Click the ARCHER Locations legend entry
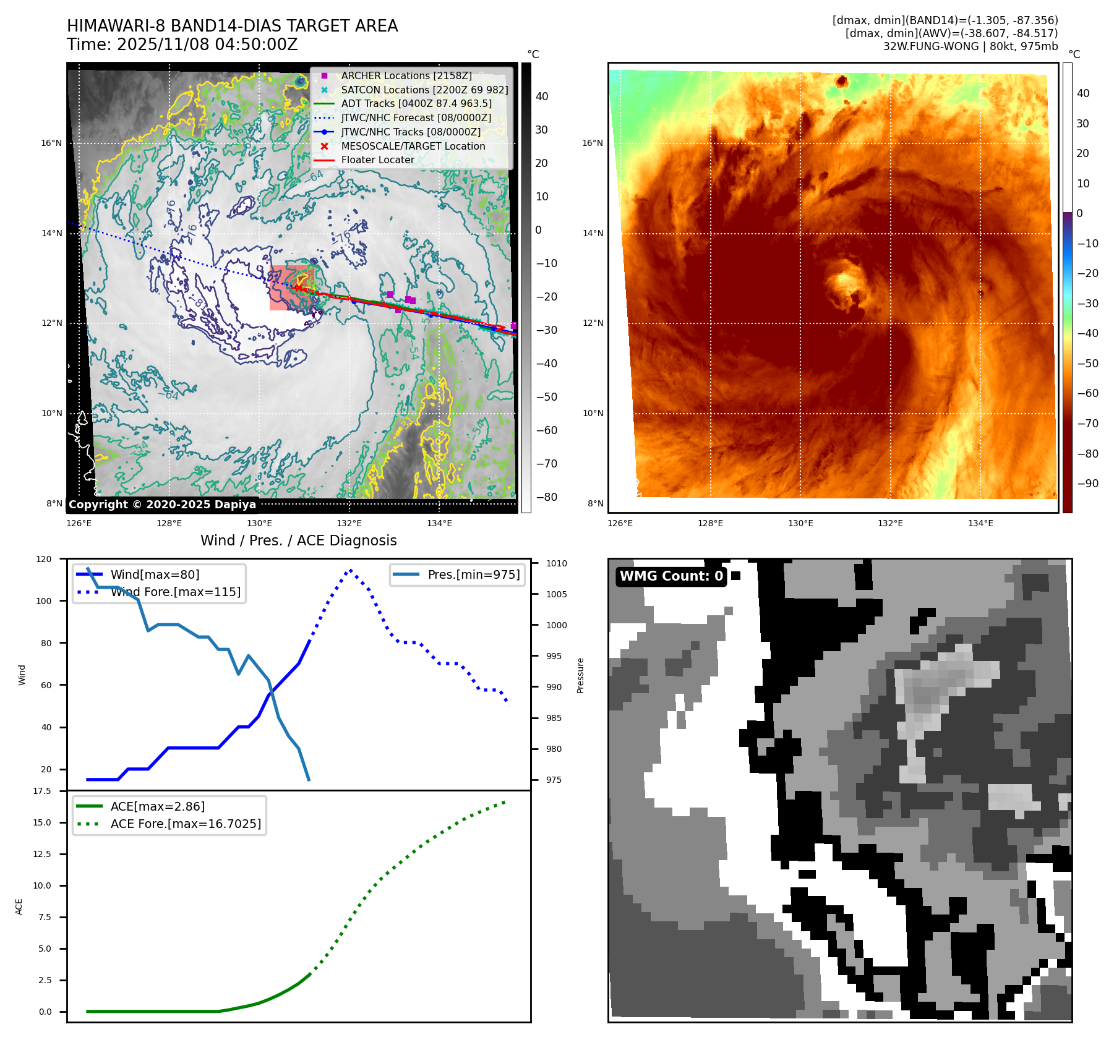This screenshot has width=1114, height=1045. click(x=406, y=75)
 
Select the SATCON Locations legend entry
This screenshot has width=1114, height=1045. click(x=424, y=90)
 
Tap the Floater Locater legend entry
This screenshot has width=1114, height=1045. click(x=377, y=160)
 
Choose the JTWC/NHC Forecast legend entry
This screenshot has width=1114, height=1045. click(x=416, y=117)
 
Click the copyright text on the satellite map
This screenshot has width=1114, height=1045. click(x=162, y=505)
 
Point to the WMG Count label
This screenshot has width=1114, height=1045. click(x=671, y=576)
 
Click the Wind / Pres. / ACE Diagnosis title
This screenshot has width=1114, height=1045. click(x=298, y=540)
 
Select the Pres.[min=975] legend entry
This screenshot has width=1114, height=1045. click(x=473, y=574)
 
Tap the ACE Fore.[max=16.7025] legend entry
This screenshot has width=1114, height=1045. click(x=186, y=824)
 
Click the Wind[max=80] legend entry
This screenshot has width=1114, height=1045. click(x=155, y=574)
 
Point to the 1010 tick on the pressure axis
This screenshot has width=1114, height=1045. click(x=556, y=563)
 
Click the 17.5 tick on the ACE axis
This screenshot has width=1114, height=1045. click(x=42, y=791)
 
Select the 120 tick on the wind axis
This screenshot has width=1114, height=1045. click(x=44, y=559)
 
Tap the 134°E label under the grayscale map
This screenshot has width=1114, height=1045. click(x=439, y=523)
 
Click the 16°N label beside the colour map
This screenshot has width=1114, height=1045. click(x=592, y=143)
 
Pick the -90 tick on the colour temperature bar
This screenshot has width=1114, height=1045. click(x=1087, y=484)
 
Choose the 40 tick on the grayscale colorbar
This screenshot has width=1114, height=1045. click(x=542, y=96)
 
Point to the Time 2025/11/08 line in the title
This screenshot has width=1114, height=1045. click(x=182, y=45)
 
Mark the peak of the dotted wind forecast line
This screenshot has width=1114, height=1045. click(x=351, y=570)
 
